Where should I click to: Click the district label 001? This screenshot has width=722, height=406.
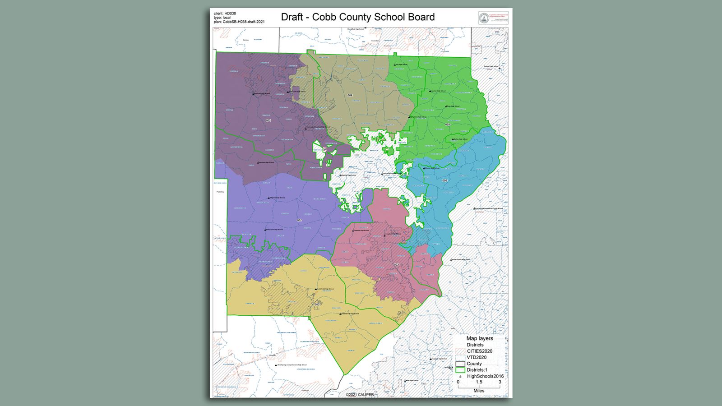pyautogui.click(x=268, y=120)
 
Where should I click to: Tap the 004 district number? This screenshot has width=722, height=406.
pyautogui.click(x=350, y=95)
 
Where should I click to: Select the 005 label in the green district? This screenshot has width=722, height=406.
pyautogui.click(x=447, y=125)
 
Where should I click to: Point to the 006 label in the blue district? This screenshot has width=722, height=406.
pyautogui.click(x=444, y=180)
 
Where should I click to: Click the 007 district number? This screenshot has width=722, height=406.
pyautogui.click(x=299, y=220)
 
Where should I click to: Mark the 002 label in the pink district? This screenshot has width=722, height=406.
pyautogui.click(x=396, y=265)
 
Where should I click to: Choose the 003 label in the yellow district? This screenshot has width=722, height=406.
pyautogui.click(x=317, y=304)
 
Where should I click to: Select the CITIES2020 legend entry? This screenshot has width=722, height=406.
pyautogui.click(x=479, y=351)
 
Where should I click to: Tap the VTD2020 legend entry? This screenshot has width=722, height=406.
pyautogui.click(x=477, y=357)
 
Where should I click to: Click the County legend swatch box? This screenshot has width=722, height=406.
pyautogui.click(x=460, y=364)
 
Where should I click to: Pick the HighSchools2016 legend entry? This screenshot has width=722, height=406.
pyautogui.click(x=485, y=376)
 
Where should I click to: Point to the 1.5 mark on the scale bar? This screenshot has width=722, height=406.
pyautogui.click(x=479, y=382)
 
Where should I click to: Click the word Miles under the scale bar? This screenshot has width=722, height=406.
pyautogui.click(x=479, y=391)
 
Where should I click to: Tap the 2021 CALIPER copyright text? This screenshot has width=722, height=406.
pyautogui.click(x=360, y=395)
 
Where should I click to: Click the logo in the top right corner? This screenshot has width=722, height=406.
pyautogui.click(x=493, y=18)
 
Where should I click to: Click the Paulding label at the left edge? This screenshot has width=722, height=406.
pyautogui.click(x=220, y=192)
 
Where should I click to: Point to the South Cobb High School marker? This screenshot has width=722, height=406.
pyautogui.click(x=315, y=289)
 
